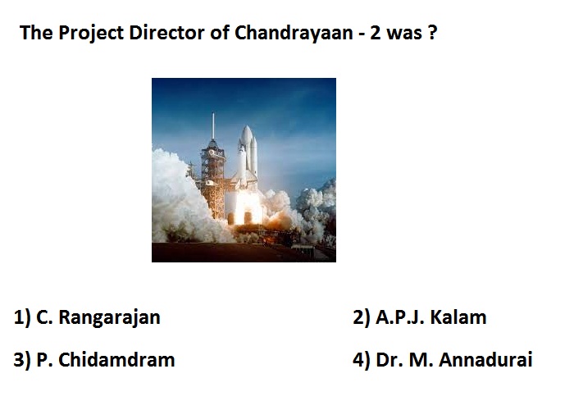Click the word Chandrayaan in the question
point(294,33)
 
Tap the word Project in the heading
point(91,34)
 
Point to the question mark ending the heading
point(432,32)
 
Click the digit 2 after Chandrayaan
point(376,33)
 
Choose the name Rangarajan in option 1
point(109,317)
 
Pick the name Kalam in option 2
point(458,317)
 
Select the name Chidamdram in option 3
point(116,359)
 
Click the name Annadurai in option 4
point(485,359)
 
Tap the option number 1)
point(22,317)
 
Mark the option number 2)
point(362,317)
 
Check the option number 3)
point(22,359)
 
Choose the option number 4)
point(362,359)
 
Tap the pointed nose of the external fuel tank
point(247,127)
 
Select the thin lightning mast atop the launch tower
point(213,125)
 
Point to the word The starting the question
point(36,32)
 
